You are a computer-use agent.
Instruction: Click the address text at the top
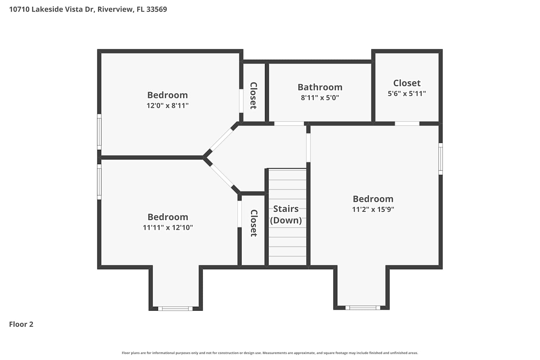click(88, 9)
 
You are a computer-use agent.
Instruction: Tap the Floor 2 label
click(21, 324)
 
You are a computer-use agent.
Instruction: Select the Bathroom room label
click(320, 87)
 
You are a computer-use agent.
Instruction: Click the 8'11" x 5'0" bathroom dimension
click(320, 98)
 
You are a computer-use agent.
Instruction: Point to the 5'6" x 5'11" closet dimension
click(407, 94)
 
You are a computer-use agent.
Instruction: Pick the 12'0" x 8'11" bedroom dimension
click(167, 105)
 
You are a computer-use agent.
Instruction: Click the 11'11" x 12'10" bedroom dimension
click(168, 228)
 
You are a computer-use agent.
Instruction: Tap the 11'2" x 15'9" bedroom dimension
click(373, 209)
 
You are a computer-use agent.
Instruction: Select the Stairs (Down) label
click(286, 215)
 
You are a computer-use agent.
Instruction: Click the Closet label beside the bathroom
click(253, 95)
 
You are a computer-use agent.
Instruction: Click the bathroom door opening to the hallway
click(289, 124)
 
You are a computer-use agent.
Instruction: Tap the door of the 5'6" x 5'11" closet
click(407, 124)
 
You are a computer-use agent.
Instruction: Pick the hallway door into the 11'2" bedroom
click(308, 148)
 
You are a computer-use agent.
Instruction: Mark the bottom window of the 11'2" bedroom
click(363, 308)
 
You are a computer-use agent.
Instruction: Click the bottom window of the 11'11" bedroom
click(175, 309)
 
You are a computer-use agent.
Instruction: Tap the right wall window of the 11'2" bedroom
click(440, 159)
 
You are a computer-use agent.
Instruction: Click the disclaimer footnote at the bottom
click(270, 353)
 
